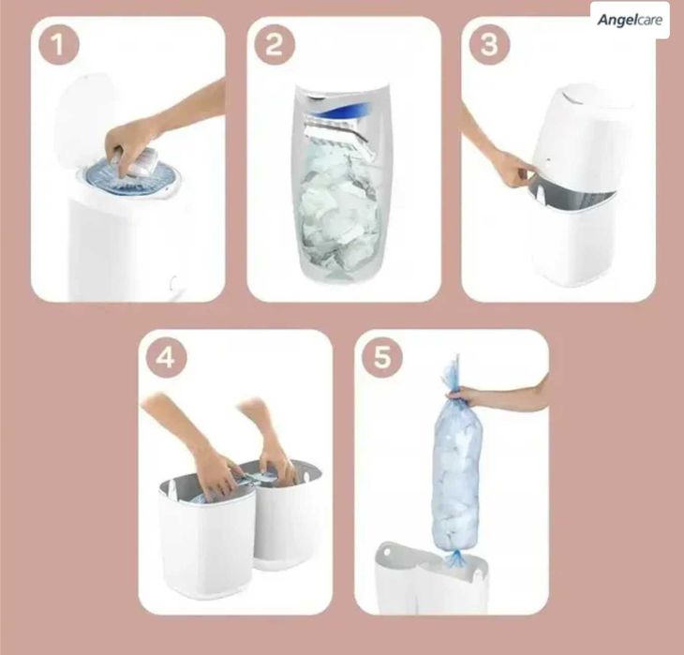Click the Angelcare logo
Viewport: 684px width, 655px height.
point(630,20)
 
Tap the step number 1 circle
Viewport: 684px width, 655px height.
point(59,45)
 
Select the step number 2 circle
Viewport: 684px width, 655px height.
point(274,45)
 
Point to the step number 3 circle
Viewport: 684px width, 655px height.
point(489,45)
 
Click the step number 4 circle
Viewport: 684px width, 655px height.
point(165,358)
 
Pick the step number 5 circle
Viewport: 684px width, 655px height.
point(382,358)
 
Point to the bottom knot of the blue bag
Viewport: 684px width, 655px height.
point(458,558)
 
